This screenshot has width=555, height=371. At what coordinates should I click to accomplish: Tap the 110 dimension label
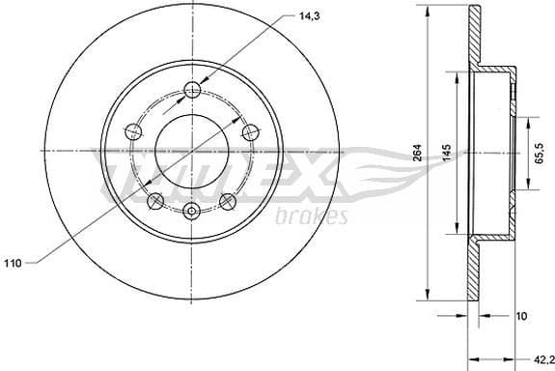[14, 262]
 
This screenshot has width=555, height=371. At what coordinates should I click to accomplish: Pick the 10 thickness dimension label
[520, 314]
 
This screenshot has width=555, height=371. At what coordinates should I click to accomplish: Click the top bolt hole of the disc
[192, 90]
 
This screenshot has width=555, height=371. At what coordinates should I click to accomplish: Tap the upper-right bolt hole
[251, 132]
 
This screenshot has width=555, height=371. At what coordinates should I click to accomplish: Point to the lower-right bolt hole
[229, 201]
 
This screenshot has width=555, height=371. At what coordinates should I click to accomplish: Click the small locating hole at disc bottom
[192, 212]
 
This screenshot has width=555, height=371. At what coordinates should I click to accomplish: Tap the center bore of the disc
[192, 152]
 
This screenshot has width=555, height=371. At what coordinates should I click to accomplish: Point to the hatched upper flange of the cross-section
[473, 39]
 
